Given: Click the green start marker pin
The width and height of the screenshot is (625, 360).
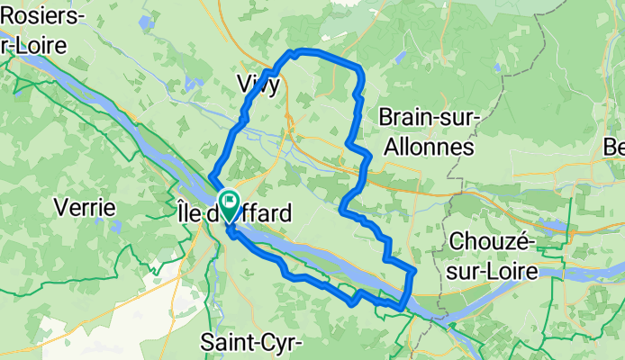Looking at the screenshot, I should pos(227,203).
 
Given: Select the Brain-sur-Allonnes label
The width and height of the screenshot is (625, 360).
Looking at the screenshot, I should pos(429,131).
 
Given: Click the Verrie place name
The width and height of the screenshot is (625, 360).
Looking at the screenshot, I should pos(85,208).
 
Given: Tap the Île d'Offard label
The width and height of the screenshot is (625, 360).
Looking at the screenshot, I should pos(232,215).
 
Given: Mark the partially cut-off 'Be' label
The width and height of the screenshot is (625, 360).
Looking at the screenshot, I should pos(615,147).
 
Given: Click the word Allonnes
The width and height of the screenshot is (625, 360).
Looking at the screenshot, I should pos(429,147).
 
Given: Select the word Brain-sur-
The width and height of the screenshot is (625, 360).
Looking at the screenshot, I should pos(429,117).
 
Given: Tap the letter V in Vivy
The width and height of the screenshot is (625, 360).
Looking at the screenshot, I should pos(242,84).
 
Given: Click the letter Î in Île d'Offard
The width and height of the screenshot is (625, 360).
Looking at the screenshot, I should pos(176,214).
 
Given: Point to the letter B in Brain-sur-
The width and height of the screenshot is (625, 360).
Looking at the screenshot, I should pos(386,117).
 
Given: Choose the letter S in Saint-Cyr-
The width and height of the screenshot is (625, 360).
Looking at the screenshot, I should pos(207,343).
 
